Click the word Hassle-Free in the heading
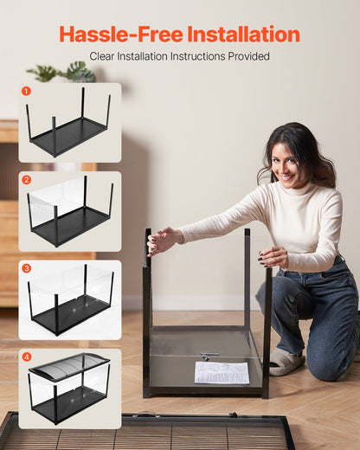[120, 35]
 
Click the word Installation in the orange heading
[243, 35]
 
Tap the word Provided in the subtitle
[247, 56]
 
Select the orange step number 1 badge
[26, 90]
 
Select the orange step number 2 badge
[26, 179]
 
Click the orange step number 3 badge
[26, 268]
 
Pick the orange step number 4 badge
[26, 357]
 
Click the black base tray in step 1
[69, 136]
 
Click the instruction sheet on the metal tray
[222, 372]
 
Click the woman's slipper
[286, 361]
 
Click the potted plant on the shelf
[65, 73]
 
